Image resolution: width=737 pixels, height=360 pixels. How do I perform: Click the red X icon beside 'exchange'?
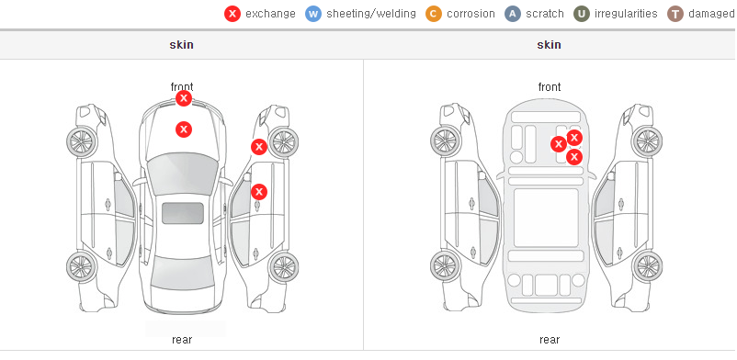[x=232, y=14]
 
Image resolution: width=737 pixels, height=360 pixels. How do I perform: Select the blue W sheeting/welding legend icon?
[x=313, y=14]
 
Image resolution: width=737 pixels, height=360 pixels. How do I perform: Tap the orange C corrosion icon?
[x=434, y=14]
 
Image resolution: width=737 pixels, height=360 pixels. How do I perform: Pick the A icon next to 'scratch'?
[x=513, y=14]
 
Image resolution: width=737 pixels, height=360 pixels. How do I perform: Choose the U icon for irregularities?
[x=582, y=14]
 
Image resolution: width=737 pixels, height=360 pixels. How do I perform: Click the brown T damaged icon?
[x=675, y=14]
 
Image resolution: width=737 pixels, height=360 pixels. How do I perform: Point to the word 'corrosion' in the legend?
[x=471, y=14]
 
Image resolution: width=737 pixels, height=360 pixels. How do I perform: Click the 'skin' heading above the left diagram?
[x=181, y=45]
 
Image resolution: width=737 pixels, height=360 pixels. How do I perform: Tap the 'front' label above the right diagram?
[x=550, y=87]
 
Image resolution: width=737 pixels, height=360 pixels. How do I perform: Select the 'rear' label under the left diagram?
[x=182, y=340]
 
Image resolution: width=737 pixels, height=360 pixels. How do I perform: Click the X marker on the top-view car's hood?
[x=184, y=129]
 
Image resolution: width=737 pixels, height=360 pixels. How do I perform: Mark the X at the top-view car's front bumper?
[x=184, y=98]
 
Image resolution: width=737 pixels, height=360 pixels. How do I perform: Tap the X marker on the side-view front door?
[x=259, y=192]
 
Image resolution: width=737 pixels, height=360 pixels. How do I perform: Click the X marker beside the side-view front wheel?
[x=259, y=147]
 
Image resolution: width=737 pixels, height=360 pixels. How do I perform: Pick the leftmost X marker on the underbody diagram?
[x=559, y=144]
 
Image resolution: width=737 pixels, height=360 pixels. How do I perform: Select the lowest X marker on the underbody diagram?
[x=574, y=157]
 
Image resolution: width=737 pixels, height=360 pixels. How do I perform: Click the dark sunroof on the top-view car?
[x=183, y=213]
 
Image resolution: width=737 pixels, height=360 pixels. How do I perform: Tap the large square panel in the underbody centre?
[x=546, y=218]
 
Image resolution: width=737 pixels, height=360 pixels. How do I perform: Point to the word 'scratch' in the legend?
[x=545, y=14]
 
